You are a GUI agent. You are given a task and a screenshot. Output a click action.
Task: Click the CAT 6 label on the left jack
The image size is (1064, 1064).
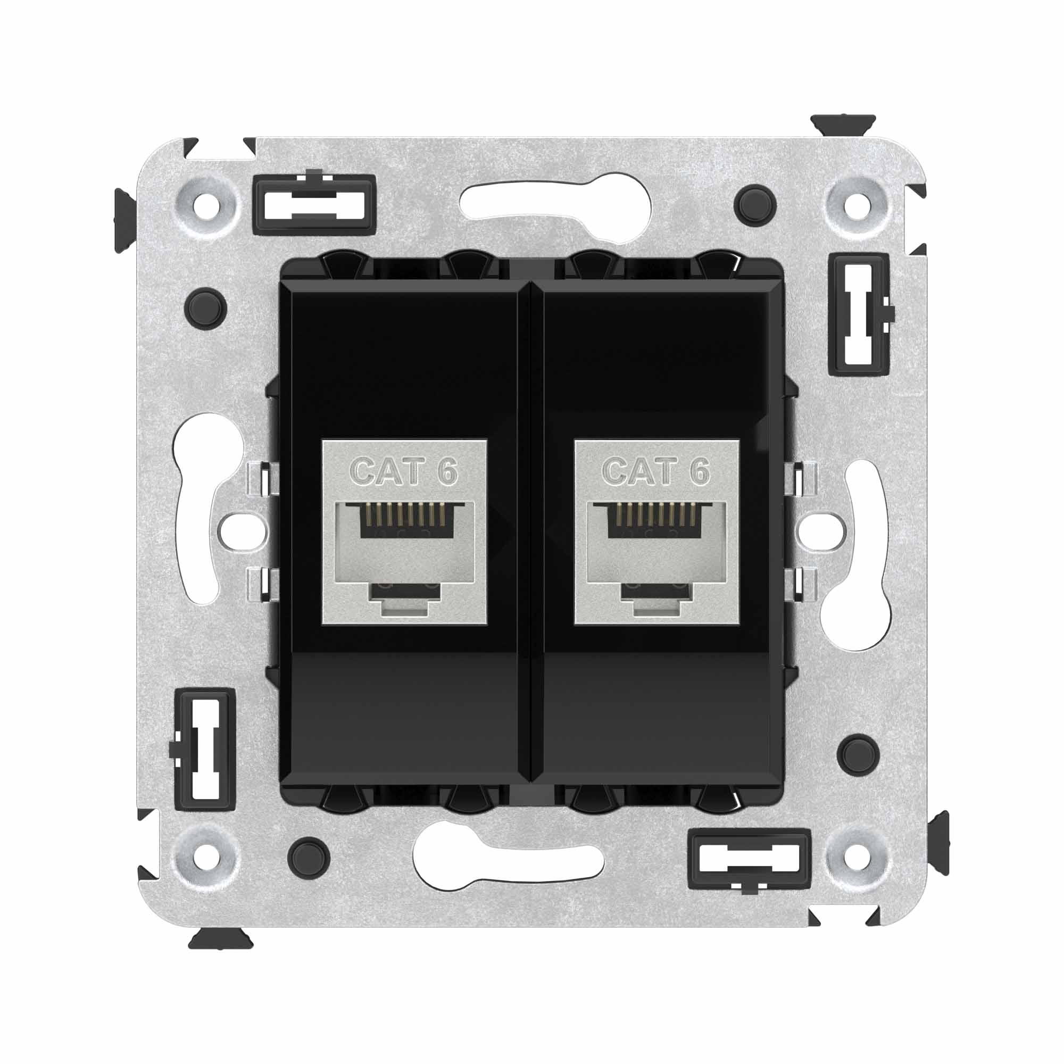tap(404, 471)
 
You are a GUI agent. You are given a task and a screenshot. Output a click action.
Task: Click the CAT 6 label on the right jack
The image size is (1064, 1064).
tap(655, 471)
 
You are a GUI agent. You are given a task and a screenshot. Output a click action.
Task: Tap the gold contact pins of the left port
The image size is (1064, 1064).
tap(404, 514)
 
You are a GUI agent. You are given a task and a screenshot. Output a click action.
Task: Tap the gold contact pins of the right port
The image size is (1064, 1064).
tap(655, 514)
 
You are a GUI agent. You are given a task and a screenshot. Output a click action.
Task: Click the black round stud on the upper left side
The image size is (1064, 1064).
tap(206, 308)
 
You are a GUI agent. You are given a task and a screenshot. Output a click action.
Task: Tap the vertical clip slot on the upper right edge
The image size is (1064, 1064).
tap(859, 314)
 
